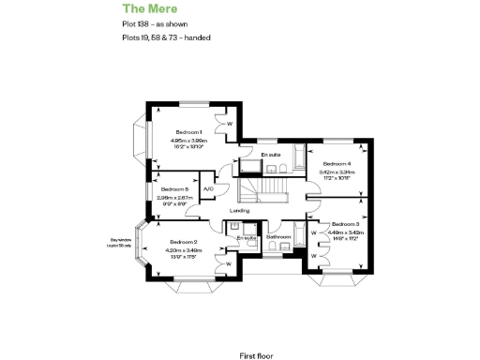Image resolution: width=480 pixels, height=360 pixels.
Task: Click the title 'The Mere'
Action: click(145, 8)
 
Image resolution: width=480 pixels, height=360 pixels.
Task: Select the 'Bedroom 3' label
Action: click(344, 224)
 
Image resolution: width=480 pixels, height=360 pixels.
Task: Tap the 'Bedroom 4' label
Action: click(336, 164)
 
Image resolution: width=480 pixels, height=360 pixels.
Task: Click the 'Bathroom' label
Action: click(277, 237)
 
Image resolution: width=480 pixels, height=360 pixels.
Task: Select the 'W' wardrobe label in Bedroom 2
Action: click(229, 263)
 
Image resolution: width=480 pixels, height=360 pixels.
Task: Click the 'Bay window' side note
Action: click(122, 241)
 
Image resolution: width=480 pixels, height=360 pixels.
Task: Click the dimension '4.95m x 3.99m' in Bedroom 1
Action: click(188, 141)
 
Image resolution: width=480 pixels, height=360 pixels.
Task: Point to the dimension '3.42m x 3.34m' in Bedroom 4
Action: click(336, 172)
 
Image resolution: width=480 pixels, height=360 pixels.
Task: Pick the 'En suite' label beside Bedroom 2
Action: click(247, 238)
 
